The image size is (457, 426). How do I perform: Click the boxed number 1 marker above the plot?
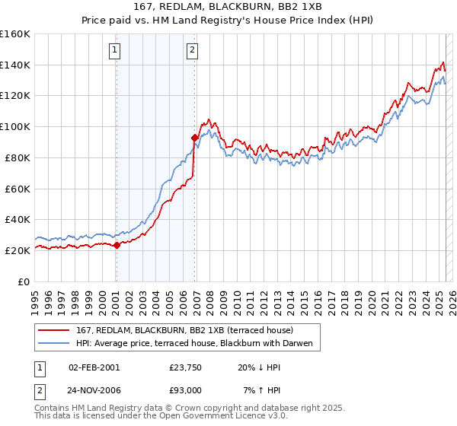click(x=114, y=51)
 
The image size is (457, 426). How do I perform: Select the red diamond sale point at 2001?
click(x=117, y=245)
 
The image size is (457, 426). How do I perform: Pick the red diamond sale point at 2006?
click(x=195, y=138)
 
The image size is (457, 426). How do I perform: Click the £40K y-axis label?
click(x=18, y=219)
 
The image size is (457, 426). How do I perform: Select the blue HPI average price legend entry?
click(x=196, y=343)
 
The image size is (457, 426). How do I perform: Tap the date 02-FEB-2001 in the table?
click(x=94, y=367)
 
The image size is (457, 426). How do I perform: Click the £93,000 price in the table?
click(x=186, y=389)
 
